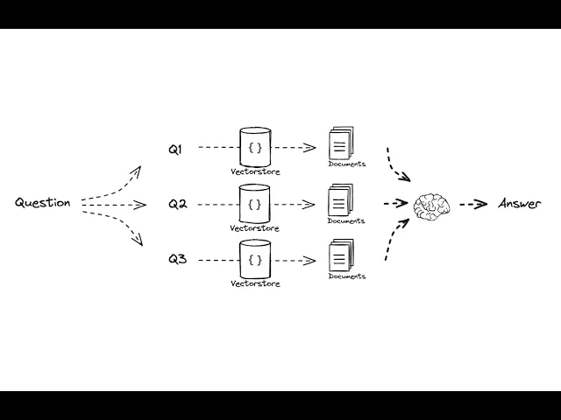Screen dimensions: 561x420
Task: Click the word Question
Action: click(42, 203)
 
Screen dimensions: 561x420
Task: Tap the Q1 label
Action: click(175, 149)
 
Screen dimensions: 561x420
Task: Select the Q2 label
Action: click(177, 204)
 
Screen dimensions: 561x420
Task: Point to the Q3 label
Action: click(177, 259)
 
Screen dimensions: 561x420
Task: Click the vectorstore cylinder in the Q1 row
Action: click(255, 145)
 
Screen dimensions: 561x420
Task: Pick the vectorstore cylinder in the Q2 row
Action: click(255, 203)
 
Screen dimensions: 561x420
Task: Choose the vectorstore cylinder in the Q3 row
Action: click(255, 259)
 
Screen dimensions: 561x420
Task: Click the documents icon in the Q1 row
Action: click(340, 143)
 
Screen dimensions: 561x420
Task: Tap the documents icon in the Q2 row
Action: click(340, 200)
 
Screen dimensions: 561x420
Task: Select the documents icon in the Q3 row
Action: click(340, 255)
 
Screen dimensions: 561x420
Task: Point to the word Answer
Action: click(520, 204)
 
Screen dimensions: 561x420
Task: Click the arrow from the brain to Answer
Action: click(473, 205)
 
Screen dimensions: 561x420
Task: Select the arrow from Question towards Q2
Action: click(114, 205)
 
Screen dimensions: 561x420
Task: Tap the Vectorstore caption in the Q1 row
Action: click(255, 171)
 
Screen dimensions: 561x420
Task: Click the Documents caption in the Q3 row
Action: click(347, 276)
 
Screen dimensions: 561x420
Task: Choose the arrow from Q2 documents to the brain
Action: click(395, 203)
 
